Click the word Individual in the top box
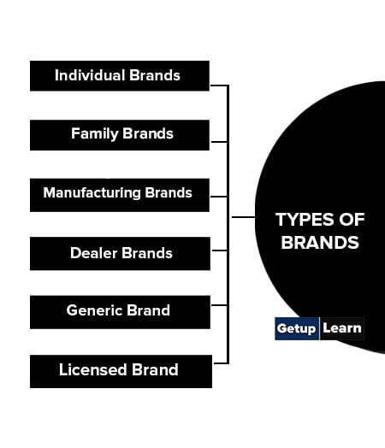pyautogui.click(x=90, y=75)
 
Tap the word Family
pyautogui.click(x=95, y=133)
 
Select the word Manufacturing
pyautogui.click(x=92, y=192)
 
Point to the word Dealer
pyautogui.click(x=94, y=253)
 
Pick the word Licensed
pyautogui.click(x=93, y=369)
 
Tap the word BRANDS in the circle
pyautogui.click(x=320, y=243)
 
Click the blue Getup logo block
pyautogui.click(x=297, y=328)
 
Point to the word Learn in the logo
pyautogui.click(x=342, y=328)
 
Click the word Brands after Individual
pyautogui.click(x=155, y=75)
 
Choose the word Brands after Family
pyautogui.click(x=148, y=133)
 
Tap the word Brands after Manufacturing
pyautogui.click(x=169, y=192)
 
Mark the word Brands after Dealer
pyautogui.click(x=147, y=253)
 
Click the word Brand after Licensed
pyautogui.click(x=155, y=369)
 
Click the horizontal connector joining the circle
pyautogui.click(x=243, y=217)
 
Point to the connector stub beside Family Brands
pyautogui.click(x=219, y=142)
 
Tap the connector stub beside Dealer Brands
pyautogui.click(x=220, y=251)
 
